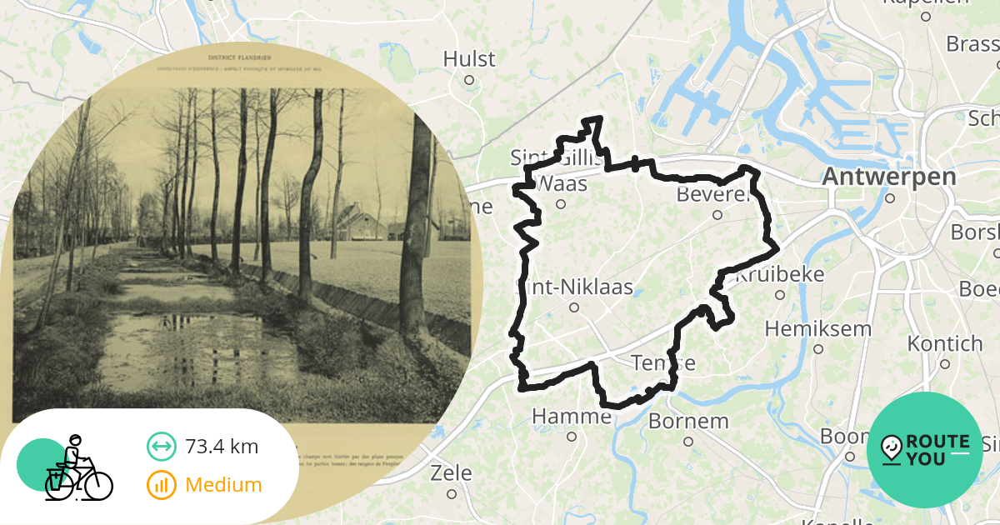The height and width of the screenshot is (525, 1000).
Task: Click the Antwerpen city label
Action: (x=888, y=177)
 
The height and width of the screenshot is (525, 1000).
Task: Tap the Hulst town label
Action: (x=469, y=59)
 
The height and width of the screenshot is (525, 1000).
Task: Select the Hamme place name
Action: (x=571, y=416)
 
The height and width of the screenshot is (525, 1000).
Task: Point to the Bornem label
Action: (x=687, y=421)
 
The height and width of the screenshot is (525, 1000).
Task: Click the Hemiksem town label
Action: (x=817, y=328)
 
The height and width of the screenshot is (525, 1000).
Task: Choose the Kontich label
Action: (x=945, y=343)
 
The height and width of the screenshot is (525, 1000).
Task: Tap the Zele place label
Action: (x=451, y=473)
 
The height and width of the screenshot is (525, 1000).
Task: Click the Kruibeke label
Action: (x=779, y=274)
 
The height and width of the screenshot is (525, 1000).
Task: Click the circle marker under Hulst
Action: (x=469, y=80)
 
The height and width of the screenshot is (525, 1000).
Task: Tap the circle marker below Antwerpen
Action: (x=890, y=198)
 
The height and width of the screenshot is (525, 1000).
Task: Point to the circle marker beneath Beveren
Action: (x=717, y=215)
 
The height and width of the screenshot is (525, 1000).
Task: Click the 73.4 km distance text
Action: (x=222, y=447)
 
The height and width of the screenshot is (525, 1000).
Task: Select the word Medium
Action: (x=223, y=485)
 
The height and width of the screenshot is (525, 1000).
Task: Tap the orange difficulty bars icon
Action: (x=161, y=485)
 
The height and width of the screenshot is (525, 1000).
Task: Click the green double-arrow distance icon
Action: (x=161, y=447)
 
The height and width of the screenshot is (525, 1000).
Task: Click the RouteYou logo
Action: (x=924, y=450)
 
